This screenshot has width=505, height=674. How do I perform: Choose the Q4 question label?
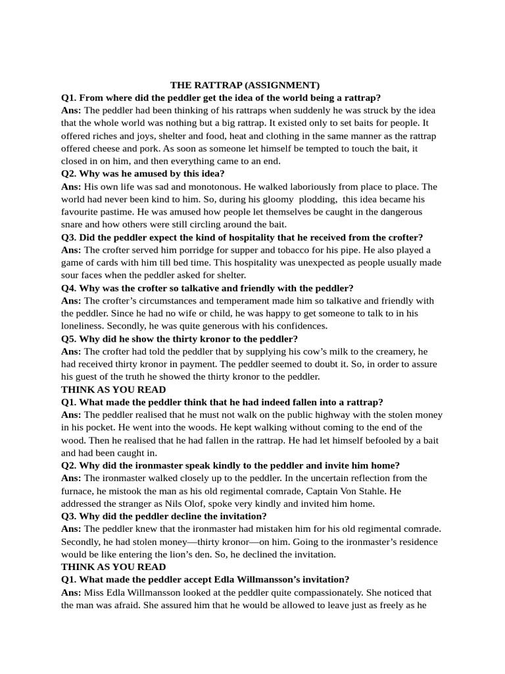click(x=69, y=288)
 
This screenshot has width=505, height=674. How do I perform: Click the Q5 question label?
click(x=69, y=339)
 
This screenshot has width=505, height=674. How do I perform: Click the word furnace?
click(x=80, y=492)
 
